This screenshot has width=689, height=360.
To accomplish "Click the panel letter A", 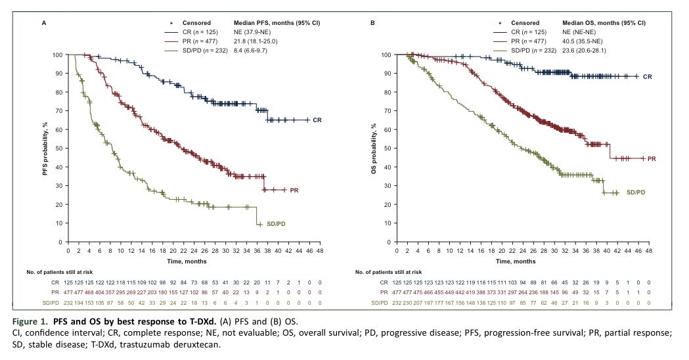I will click(44, 22).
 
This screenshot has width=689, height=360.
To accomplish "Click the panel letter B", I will click(372, 22).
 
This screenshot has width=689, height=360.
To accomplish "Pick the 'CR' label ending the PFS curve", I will click(317, 120).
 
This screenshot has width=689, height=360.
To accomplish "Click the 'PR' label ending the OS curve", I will click(652, 158).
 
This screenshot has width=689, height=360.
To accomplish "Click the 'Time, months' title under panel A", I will click(194, 261).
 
